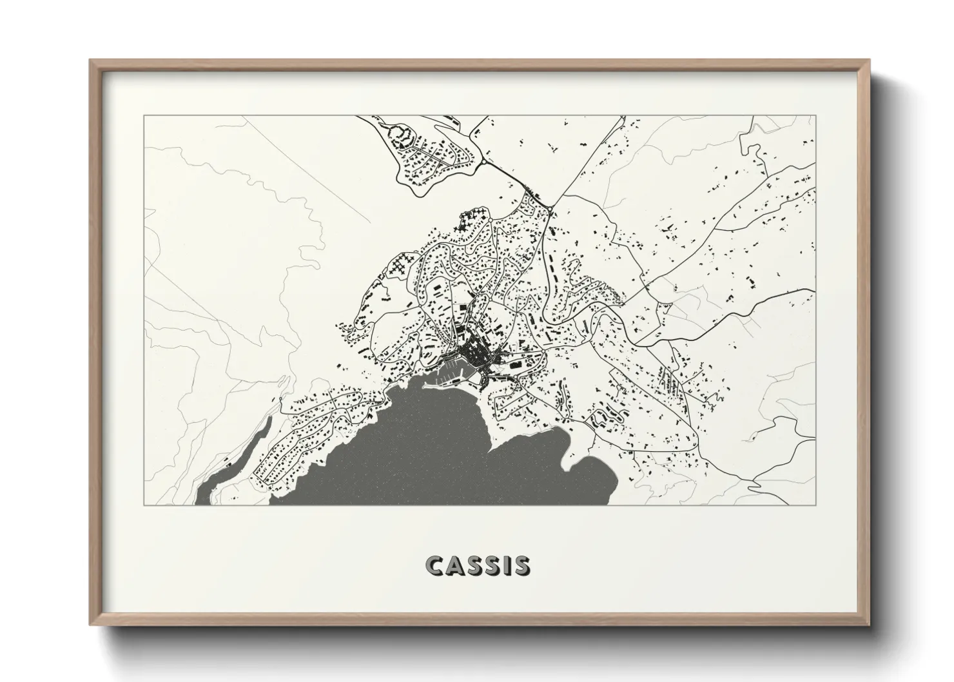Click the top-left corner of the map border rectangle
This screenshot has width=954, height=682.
point(144,116)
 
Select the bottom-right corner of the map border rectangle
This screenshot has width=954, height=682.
point(815,505)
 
